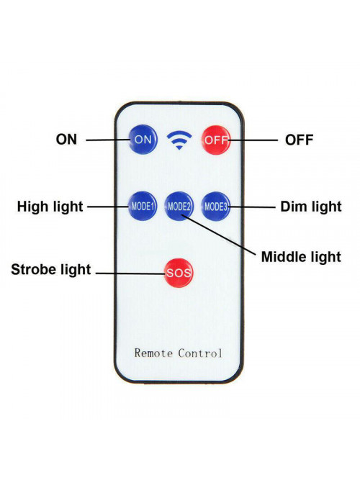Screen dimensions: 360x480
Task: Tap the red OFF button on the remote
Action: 216,140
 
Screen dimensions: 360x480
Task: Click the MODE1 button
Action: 143,207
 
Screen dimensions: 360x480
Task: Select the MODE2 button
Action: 179,207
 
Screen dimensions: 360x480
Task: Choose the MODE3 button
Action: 216,207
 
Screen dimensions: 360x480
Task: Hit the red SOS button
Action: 179,273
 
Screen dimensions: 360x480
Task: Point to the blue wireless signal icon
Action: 179,140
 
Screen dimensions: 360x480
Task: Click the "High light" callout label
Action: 50,207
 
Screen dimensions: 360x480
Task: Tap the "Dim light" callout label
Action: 310,207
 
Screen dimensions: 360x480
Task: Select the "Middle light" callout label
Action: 301,257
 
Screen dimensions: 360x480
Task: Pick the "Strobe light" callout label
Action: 51,270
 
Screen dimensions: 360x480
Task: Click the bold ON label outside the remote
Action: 66,140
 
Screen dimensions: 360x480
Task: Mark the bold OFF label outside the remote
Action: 299,140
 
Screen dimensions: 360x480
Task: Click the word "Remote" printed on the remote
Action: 153,353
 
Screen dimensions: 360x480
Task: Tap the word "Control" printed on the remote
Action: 200,353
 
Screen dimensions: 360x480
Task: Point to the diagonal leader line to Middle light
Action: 218,235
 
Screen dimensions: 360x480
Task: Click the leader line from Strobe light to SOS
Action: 131,273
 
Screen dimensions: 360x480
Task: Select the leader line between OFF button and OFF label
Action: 253,140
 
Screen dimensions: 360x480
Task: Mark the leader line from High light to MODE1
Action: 108,207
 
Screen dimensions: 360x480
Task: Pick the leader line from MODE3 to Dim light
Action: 251,207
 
